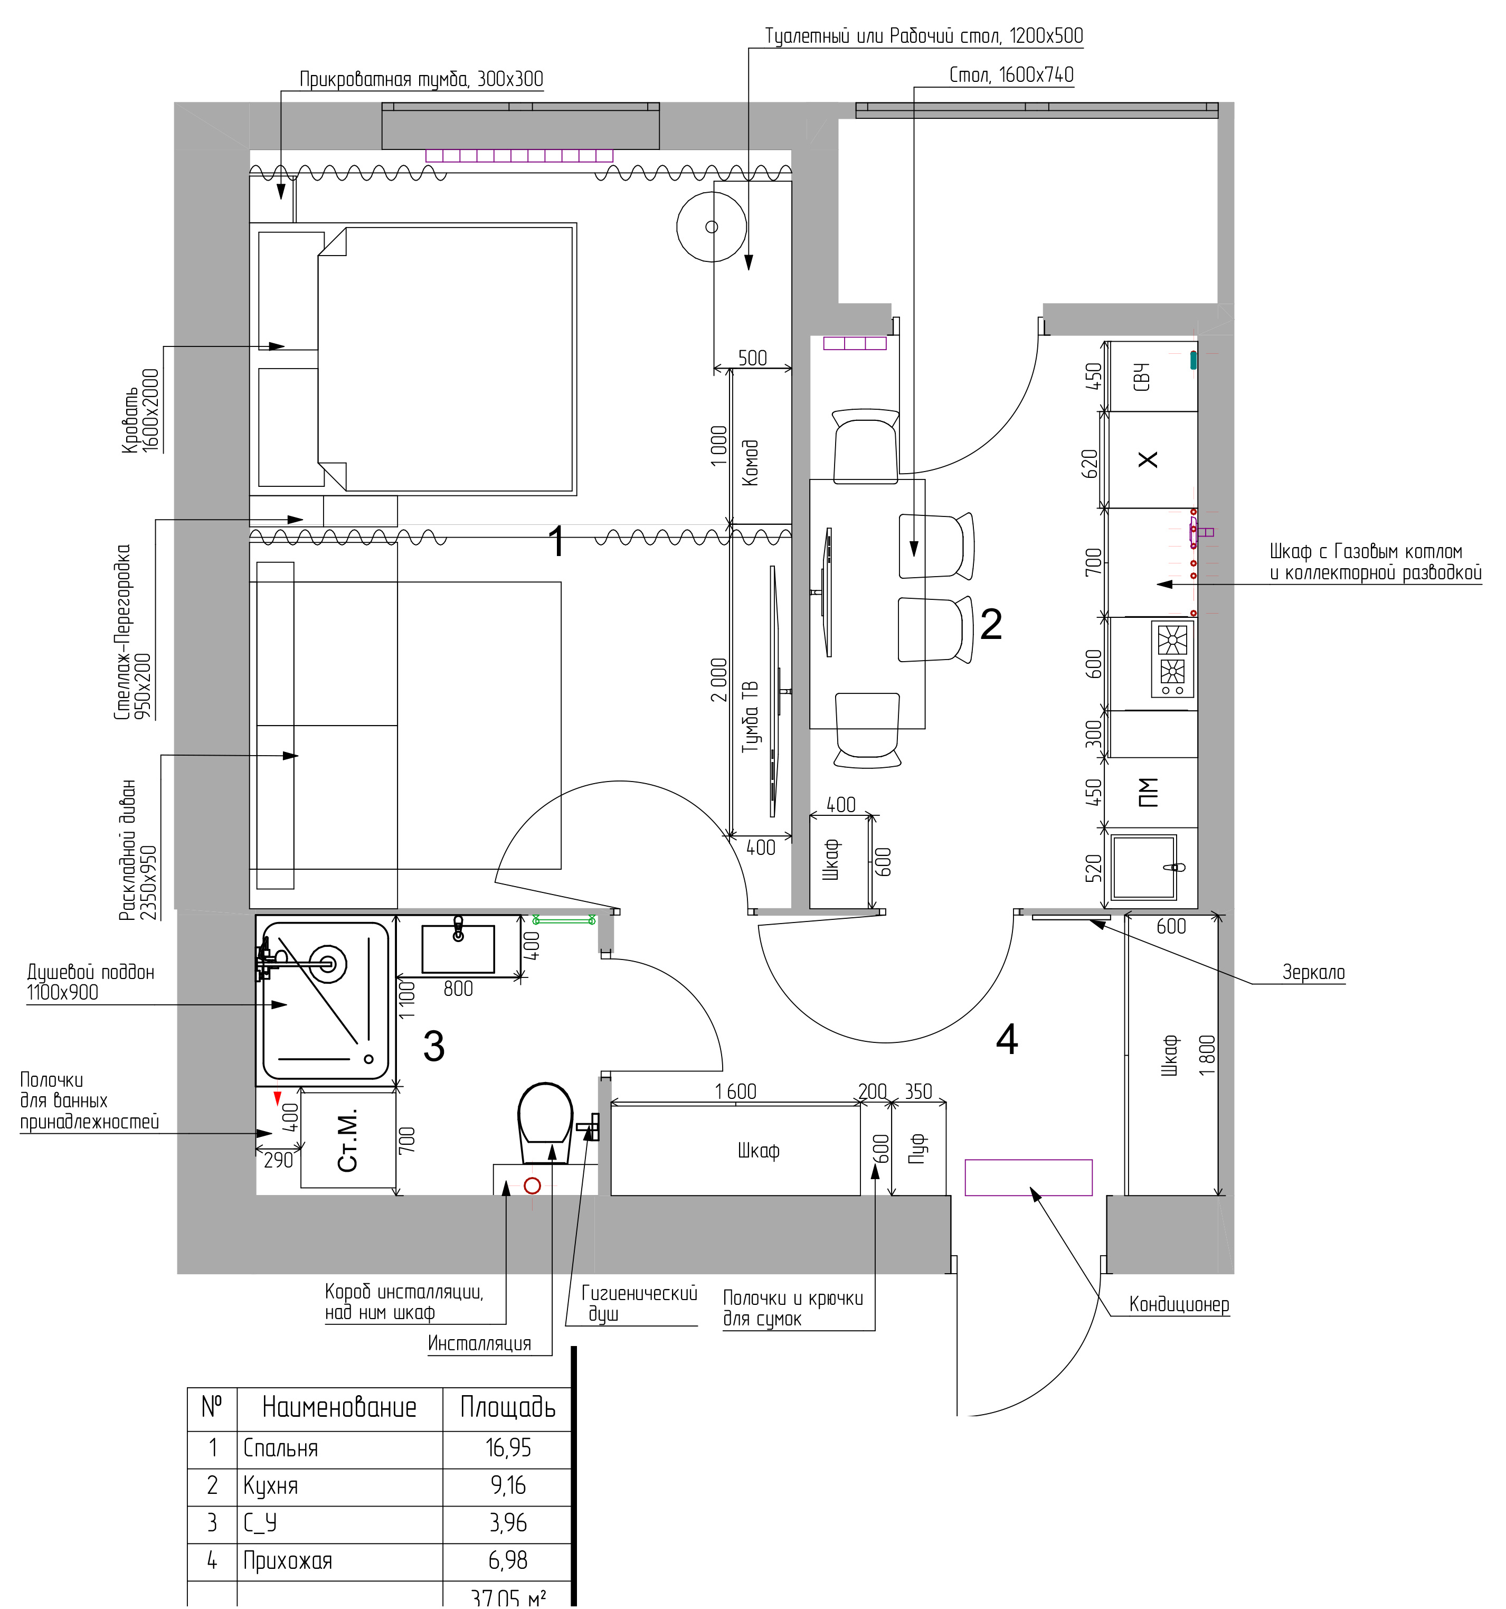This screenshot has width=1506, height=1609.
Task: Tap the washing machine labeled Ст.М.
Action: click(348, 1140)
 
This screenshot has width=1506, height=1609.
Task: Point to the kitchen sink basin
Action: click(1143, 867)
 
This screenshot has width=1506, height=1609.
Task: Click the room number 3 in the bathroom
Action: click(434, 1047)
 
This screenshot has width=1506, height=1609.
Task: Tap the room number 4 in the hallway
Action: click(1007, 1039)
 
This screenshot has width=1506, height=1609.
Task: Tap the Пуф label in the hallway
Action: click(917, 1149)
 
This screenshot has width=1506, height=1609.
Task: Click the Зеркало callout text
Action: click(1313, 972)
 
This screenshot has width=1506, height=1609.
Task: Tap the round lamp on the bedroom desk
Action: click(712, 227)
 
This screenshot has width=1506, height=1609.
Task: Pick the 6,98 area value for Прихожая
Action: click(508, 1560)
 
